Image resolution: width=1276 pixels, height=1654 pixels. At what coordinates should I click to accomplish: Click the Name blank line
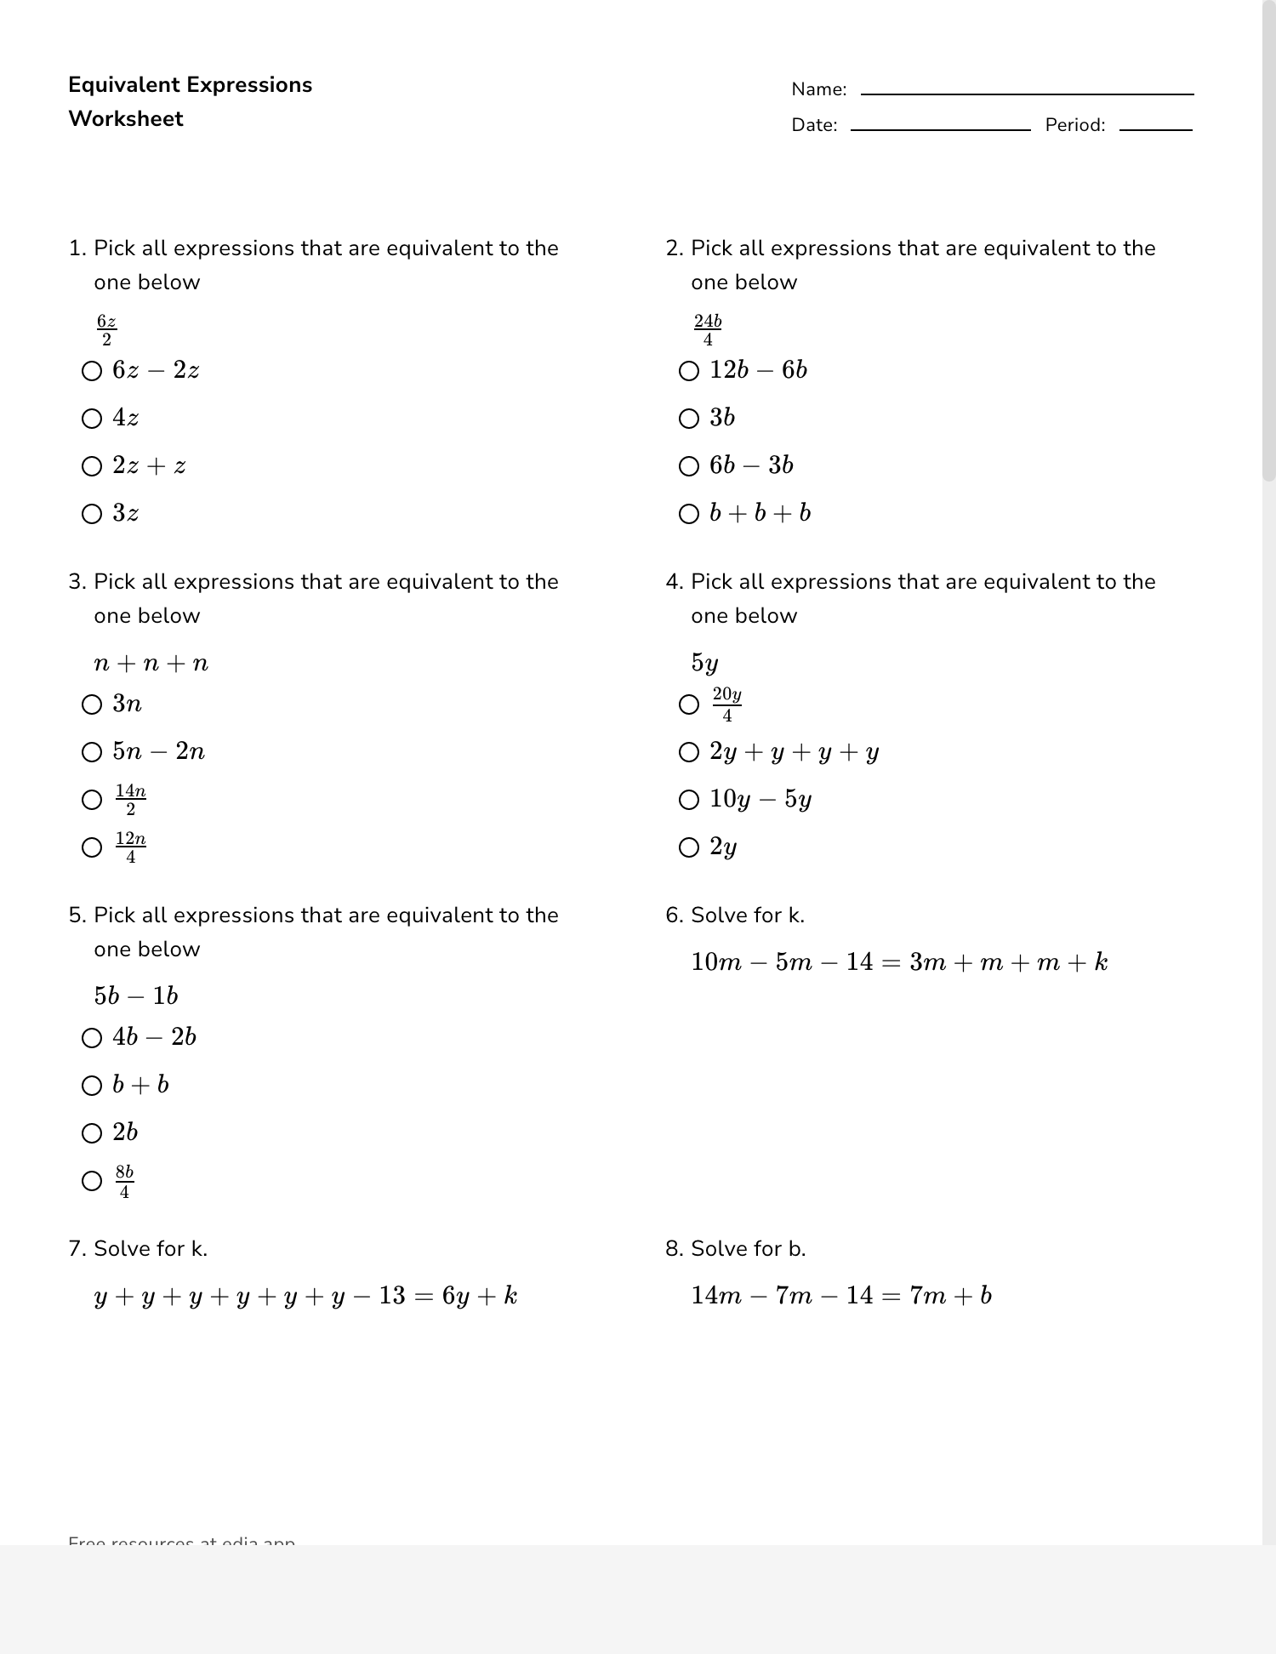pyautogui.click(x=1027, y=93)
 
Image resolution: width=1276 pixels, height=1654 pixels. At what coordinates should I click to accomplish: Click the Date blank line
pyautogui.click(x=940, y=128)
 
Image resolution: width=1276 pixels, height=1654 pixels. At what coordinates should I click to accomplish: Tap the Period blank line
pyautogui.click(x=1155, y=128)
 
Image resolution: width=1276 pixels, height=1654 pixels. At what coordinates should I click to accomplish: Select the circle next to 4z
pyautogui.click(x=92, y=419)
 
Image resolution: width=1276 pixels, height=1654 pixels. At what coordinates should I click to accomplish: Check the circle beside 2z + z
pyautogui.click(x=92, y=466)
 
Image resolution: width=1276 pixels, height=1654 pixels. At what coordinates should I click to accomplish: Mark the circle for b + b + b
pyautogui.click(x=689, y=514)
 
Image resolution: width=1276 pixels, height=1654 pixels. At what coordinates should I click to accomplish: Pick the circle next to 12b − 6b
pyautogui.click(x=689, y=371)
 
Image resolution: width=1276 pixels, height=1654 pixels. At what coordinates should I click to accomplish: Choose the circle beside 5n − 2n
pyautogui.click(x=92, y=752)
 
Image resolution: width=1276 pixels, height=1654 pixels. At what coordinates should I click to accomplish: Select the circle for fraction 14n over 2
pyautogui.click(x=92, y=800)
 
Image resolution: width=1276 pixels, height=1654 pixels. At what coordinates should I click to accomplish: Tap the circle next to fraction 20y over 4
pyautogui.click(x=689, y=704)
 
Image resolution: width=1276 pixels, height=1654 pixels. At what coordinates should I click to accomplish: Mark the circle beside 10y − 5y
pyautogui.click(x=689, y=800)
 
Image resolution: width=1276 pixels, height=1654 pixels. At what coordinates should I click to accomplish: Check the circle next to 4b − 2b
pyautogui.click(x=92, y=1038)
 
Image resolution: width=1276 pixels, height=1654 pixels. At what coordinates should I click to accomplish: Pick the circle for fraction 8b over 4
pyautogui.click(x=92, y=1181)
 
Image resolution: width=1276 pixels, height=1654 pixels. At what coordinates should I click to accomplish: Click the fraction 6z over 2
pyautogui.click(x=106, y=330)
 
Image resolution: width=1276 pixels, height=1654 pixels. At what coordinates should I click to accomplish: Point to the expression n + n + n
pyautogui.click(x=151, y=664)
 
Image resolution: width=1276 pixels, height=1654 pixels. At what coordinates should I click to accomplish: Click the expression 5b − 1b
pyautogui.click(x=136, y=996)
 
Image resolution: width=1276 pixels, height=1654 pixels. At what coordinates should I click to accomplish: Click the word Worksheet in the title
pyautogui.click(x=126, y=119)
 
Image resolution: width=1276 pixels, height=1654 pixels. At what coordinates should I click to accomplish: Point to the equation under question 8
pyautogui.click(x=841, y=1296)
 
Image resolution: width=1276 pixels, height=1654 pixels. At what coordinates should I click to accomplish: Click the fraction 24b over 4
pyautogui.click(x=708, y=330)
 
